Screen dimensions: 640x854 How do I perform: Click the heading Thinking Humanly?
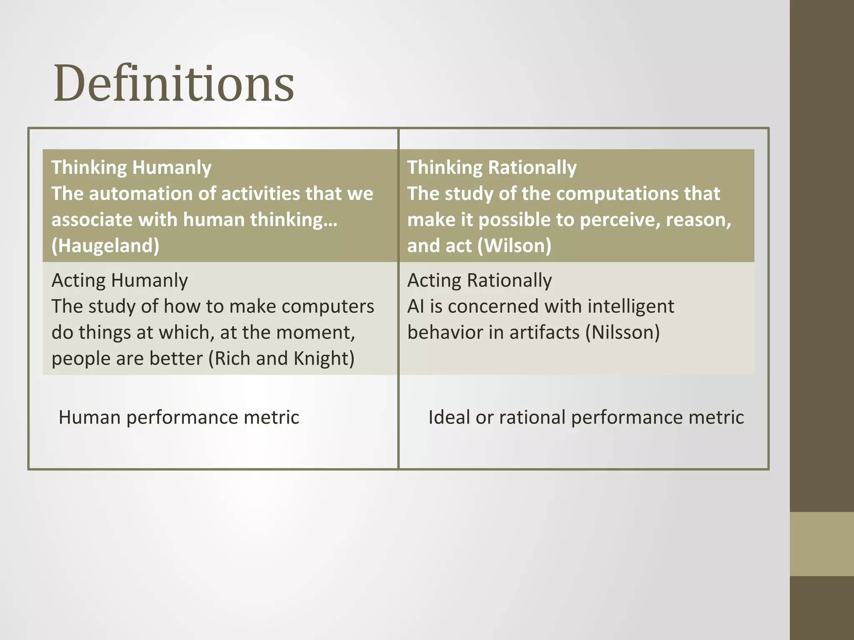[x=131, y=167]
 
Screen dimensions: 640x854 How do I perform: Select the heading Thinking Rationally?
[x=492, y=167]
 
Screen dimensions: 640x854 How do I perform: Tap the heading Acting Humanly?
[x=120, y=280]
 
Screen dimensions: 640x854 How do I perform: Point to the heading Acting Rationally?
[x=480, y=280]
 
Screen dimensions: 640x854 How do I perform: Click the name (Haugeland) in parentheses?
[x=105, y=246]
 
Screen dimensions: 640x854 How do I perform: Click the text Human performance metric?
[x=179, y=417]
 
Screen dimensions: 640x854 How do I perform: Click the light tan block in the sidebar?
[x=821, y=544]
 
